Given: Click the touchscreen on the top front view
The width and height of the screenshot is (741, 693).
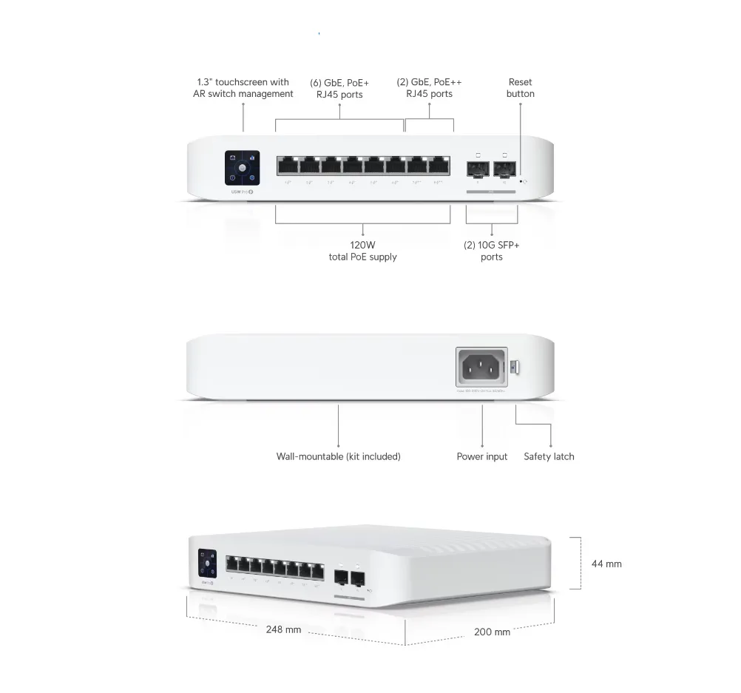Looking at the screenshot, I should point(243,169).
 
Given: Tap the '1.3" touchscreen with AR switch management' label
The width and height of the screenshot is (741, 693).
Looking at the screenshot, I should point(243,88).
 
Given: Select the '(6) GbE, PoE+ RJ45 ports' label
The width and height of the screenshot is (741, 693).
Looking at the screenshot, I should point(339,88).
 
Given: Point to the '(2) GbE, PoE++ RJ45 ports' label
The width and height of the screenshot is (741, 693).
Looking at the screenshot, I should point(429,88).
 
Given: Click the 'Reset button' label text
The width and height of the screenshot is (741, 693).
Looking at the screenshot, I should point(520,88).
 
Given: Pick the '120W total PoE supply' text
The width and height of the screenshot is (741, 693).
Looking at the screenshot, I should point(362,251).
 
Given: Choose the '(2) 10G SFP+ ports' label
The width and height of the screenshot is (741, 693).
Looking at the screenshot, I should point(491,251).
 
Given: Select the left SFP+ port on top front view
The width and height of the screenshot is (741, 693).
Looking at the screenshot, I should point(478,169).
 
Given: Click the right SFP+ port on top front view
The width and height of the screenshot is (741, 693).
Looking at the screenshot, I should point(504,169).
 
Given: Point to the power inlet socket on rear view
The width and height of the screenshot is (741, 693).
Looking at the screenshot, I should point(481,366).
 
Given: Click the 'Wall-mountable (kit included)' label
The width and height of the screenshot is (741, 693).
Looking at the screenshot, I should point(338,456).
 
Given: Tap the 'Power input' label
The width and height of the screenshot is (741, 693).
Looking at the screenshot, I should point(481,456).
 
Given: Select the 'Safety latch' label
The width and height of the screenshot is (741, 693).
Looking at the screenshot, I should point(549,456).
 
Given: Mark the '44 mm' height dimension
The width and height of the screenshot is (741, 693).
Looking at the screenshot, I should point(606,564).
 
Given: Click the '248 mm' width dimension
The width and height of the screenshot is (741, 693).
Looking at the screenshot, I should point(283,629).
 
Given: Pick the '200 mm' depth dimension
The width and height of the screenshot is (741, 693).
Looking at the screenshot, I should point(492,632).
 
